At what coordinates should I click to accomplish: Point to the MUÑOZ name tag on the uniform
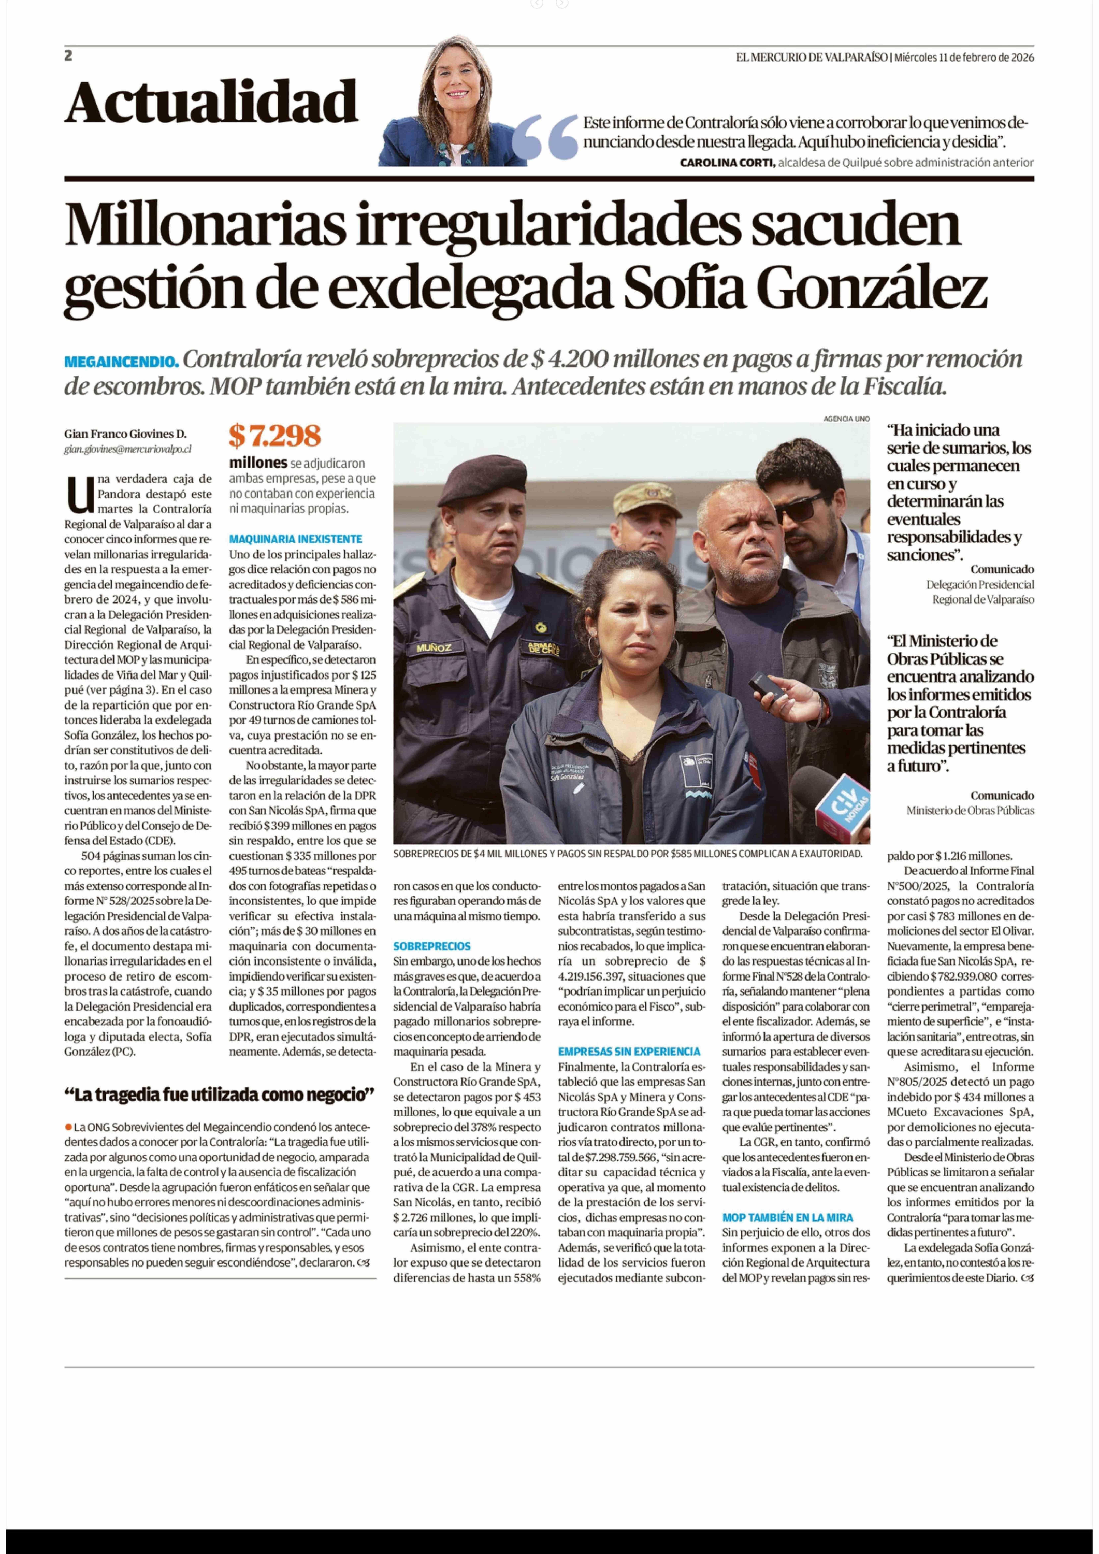(x=434, y=648)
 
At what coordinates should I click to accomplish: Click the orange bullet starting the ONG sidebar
(x=68, y=1127)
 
